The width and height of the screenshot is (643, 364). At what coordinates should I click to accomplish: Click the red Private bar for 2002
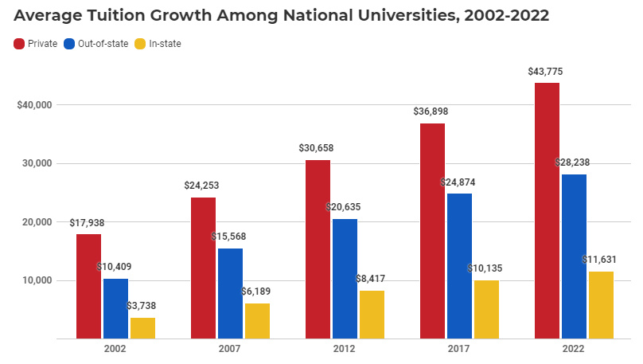coord(88,286)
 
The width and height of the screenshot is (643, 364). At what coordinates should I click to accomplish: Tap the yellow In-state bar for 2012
coord(372,315)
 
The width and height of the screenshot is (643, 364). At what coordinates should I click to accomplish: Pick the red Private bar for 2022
coord(547,210)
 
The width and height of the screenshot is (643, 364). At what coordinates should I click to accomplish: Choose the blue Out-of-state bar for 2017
coord(459,266)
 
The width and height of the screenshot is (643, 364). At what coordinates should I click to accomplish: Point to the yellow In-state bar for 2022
coord(601,305)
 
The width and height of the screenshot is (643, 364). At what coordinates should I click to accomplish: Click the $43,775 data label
coord(547,72)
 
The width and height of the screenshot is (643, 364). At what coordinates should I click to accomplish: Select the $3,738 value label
coord(142,306)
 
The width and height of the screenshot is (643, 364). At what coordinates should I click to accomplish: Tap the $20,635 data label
coord(345,207)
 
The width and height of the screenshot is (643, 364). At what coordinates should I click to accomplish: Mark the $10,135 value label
coord(486,268)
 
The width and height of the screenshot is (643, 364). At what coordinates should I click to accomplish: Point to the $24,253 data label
coord(201,186)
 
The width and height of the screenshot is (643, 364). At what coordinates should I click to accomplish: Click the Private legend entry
coord(36,44)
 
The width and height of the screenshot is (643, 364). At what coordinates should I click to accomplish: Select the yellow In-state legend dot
coord(142,44)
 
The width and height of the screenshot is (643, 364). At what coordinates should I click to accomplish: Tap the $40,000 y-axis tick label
coord(34,105)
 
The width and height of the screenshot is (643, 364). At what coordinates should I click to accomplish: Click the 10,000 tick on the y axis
coord(36,280)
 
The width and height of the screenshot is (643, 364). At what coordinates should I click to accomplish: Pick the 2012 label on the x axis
coord(345,349)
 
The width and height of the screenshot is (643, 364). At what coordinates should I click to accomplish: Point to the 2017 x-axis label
coord(459,349)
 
